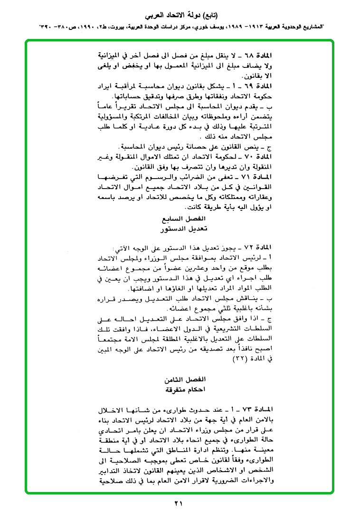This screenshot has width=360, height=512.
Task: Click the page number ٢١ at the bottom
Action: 179,503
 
